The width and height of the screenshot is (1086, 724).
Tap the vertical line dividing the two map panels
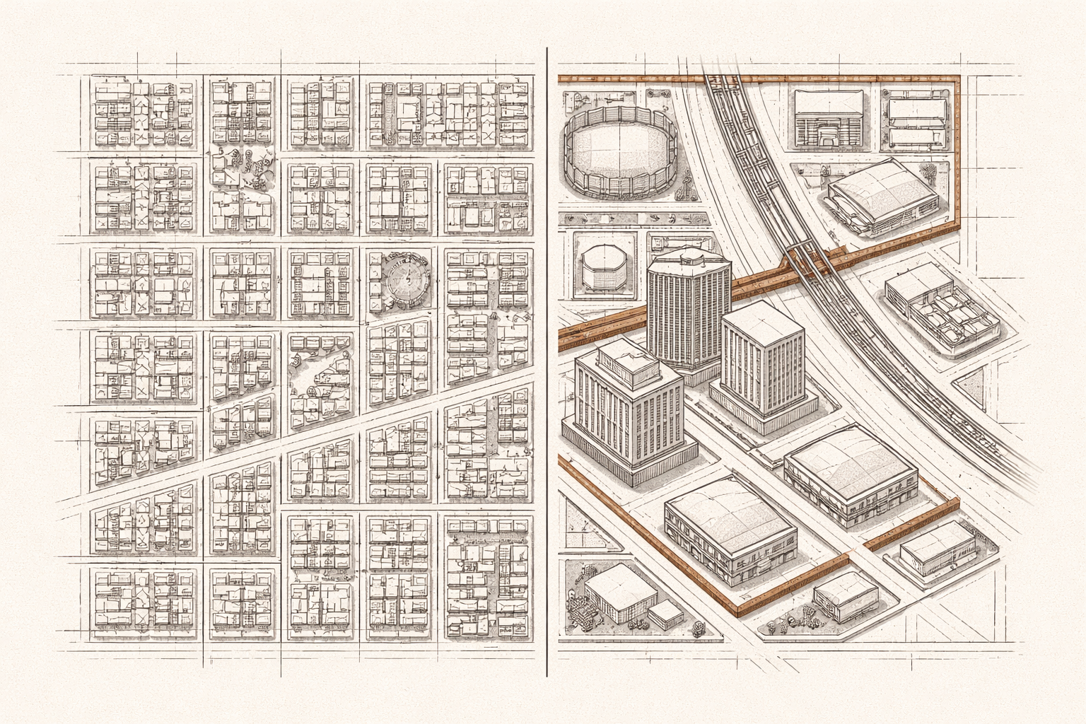tap(547, 354)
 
